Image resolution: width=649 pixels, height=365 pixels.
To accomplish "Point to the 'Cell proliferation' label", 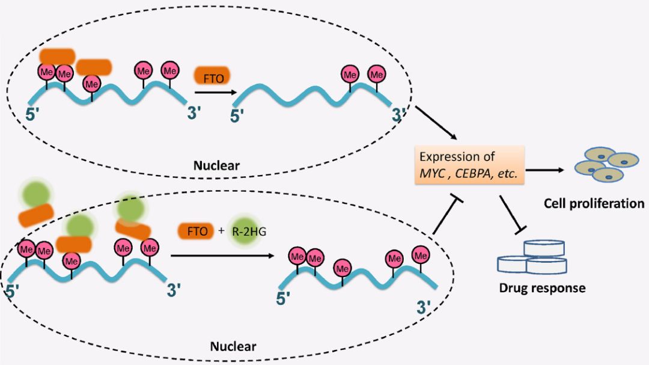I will [593, 203].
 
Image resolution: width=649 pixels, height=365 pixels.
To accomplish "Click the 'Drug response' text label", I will [542, 287].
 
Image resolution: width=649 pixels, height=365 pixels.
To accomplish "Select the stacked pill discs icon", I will [531, 257].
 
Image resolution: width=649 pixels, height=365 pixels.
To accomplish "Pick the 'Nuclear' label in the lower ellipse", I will [233, 346].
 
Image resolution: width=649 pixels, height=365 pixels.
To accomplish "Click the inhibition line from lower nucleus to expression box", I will [443, 216].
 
